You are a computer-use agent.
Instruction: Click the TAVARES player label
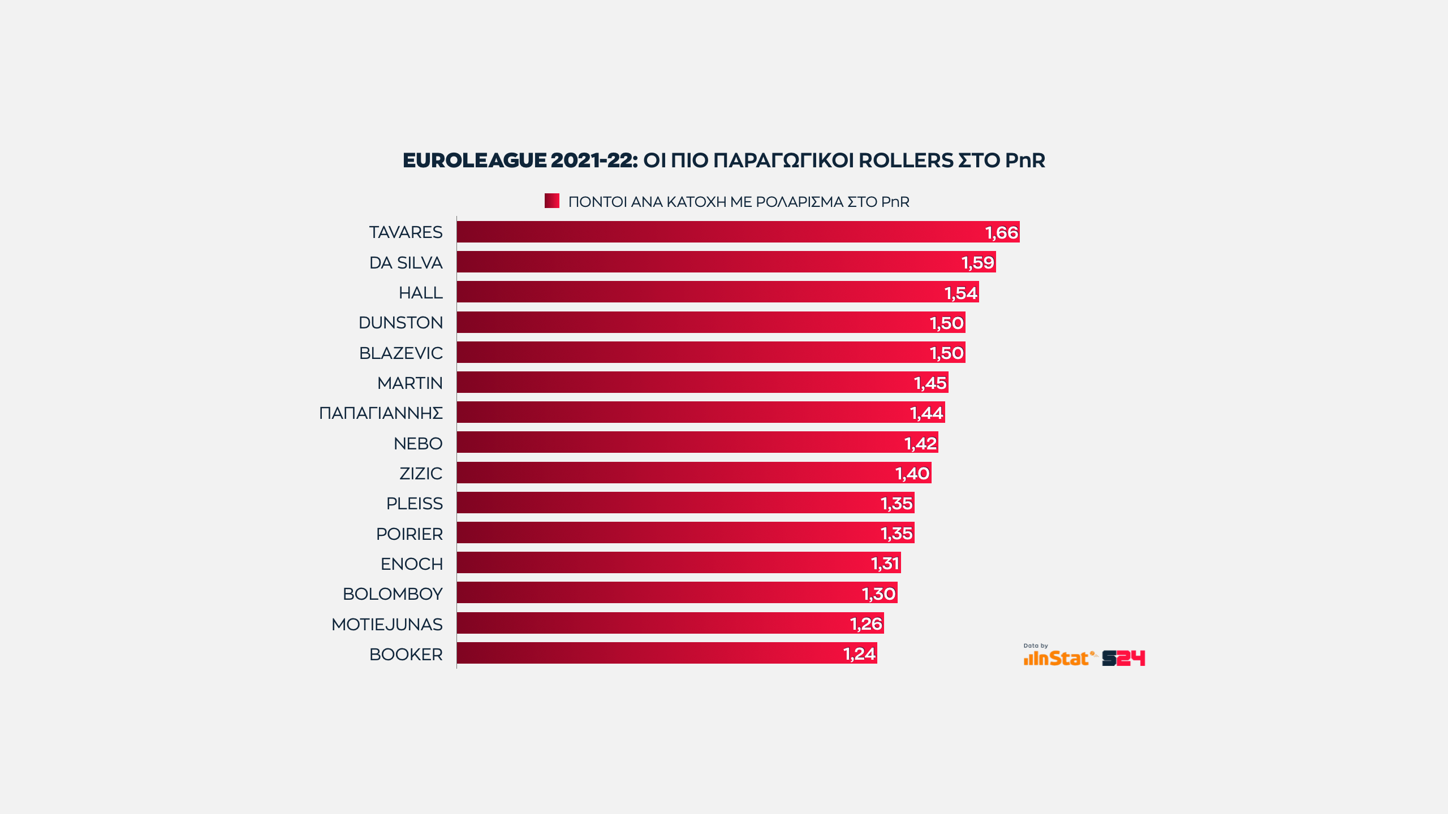click(x=406, y=232)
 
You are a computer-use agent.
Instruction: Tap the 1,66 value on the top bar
click(x=1001, y=232)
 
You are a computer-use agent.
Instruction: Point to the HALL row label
click(x=420, y=293)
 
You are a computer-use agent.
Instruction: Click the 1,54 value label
click(x=960, y=293)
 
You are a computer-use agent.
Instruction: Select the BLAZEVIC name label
click(x=400, y=353)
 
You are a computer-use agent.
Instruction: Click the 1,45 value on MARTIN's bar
click(x=930, y=383)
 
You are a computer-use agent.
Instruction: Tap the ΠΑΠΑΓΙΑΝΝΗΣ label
click(x=381, y=413)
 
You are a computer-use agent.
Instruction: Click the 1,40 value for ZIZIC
click(x=912, y=473)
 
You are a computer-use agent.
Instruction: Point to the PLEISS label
click(x=414, y=504)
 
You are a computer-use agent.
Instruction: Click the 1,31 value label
click(x=885, y=564)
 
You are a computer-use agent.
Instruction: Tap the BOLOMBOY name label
click(x=393, y=594)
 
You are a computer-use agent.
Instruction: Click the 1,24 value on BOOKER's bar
click(x=859, y=654)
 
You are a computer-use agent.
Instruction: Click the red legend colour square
click(x=551, y=201)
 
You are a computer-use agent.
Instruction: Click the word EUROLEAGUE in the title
click(x=474, y=161)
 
